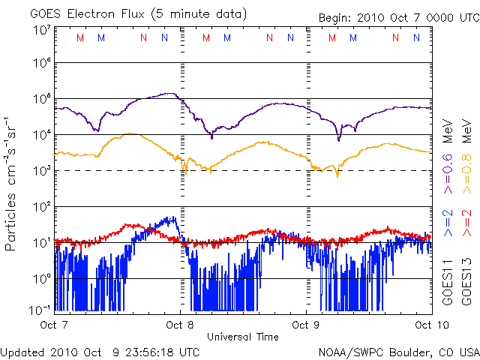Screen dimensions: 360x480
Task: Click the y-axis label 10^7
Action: pyautogui.click(x=41, y=31)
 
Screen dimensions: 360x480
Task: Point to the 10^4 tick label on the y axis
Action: pyautogui.click(x=41, y=135)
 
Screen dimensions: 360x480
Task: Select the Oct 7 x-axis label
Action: pyautogui.click(x=55, y=325)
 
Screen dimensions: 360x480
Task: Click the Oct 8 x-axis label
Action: pyautogui.click(x=181, y=325)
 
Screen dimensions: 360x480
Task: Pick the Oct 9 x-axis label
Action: pyautogui.click(x=307, y=325)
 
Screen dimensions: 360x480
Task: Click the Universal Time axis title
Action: pyautogui.click(x=243, y=337)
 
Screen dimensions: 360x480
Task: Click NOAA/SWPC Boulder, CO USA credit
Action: pyautogui.click(x=397, y=351)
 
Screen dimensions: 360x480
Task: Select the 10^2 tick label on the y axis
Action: pyautogui.click(x=41, y=206)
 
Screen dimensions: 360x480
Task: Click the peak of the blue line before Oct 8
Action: pyautogui.click(x=175, y=217)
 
